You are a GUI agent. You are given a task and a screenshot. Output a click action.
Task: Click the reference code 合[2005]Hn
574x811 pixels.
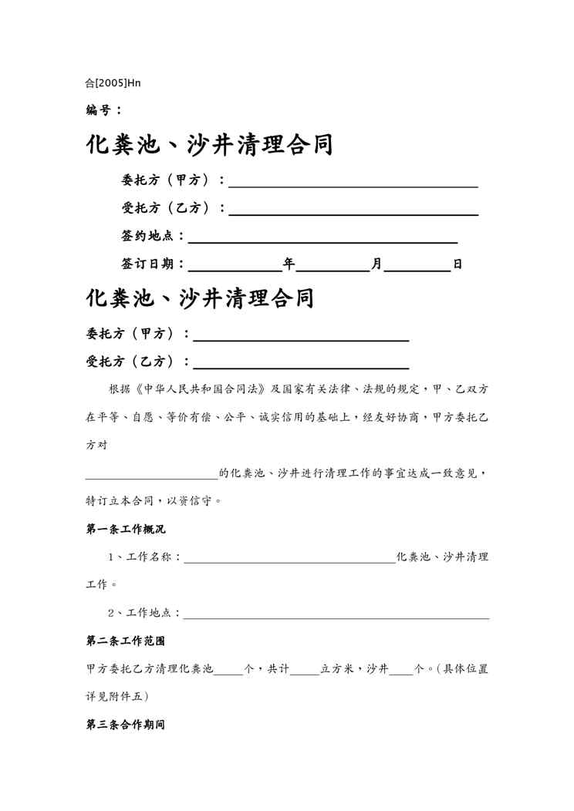click(x=113, y=82)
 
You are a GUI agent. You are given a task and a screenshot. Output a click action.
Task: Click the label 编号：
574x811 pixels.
click(x=103, y=110)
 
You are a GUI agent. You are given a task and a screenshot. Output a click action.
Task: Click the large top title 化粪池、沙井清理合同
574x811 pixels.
click(x=209, y=144)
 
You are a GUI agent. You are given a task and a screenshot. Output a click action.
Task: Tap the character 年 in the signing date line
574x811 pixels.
click(x=289, y=264)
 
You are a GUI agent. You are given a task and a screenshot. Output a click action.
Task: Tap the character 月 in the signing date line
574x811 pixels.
click(x=376, y=264)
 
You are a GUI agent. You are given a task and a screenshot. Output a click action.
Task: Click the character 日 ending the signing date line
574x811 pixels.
click(x=458, y=264)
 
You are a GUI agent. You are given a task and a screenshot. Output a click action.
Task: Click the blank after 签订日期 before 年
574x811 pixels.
click(x=235, y=265)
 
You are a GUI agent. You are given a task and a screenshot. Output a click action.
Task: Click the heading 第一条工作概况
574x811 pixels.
click(x=125, y=530)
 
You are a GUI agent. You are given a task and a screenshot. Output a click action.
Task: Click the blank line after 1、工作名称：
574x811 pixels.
click(x=290, y=558)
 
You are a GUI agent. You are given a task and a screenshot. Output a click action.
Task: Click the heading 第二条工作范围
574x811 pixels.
click(x=125, y=641)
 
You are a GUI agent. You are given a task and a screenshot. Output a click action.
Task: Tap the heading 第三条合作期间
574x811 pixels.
click(x=125, y=725)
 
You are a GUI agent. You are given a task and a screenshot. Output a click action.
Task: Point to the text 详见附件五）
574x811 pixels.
click(x=117, y=696)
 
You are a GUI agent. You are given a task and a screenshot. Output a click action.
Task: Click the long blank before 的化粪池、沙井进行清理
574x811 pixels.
click(x=152, y=475)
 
